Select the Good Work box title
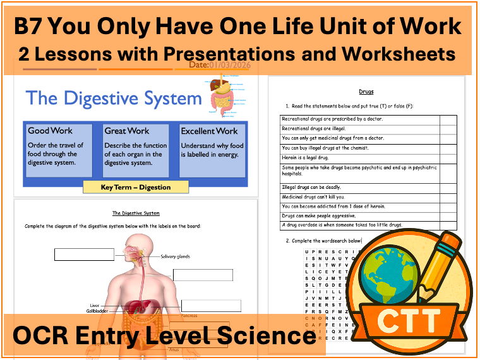click(x=50, y=131)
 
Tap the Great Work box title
click(x=127, y=131)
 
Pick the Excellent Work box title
click(x=209, y=131)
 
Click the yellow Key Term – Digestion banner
click(x=136, y=187)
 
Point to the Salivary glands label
click(x=175, y=256)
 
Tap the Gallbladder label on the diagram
click(x=99, y=311)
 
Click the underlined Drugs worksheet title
click(x=366, y=92)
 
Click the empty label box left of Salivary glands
click(x=84, y=255)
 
